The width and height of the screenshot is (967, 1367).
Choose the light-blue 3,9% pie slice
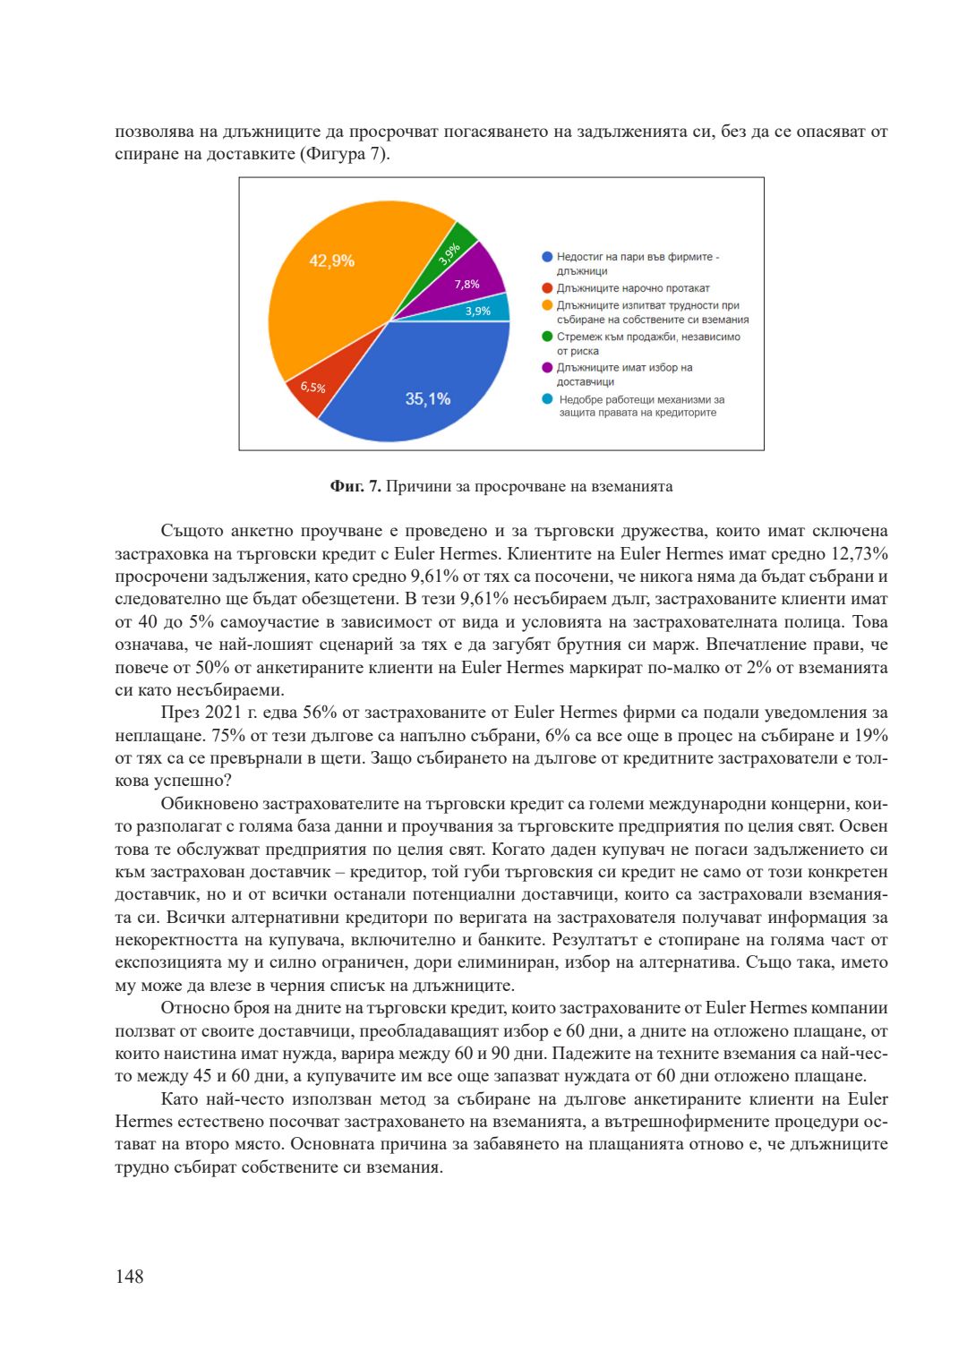tap(488, 310)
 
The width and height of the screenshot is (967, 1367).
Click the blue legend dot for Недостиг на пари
tap(547, 257)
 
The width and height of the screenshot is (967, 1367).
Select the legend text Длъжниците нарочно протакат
tap(632, 288)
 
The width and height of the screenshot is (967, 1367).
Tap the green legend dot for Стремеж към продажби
tap(547, 337)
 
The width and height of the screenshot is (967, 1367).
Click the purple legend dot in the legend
tap(547, 368)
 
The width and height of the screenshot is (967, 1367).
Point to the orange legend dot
tap(547, 305)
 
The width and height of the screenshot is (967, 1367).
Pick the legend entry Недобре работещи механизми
tap(641, 406)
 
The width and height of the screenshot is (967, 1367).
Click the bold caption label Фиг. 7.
tap(355, 487)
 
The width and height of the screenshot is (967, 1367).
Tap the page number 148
tap(129, 1277)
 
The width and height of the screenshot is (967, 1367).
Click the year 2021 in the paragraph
tap(224, 713)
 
